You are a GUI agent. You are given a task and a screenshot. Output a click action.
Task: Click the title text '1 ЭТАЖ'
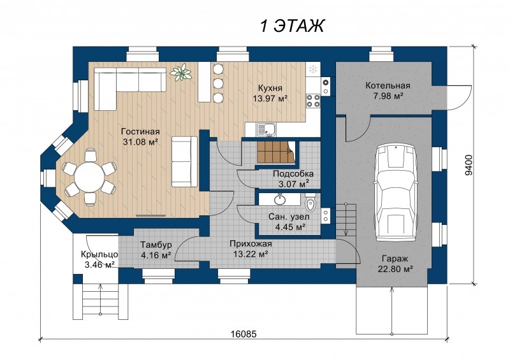point(292,25)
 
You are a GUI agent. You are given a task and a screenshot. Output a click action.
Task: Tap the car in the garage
point(395,194)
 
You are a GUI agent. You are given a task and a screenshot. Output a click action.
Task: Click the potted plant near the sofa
point(181,72)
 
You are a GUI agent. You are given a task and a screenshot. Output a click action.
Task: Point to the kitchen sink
point(266,129)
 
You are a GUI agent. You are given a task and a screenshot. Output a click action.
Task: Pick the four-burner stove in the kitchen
point(313,101)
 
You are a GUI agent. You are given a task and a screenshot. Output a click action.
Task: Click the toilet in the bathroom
point(311,203)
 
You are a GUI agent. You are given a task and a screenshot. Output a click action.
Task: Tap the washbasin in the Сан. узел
point(279,199)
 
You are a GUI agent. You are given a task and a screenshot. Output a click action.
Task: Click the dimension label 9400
point(469,165)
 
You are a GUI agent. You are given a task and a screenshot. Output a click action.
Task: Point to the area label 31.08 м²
point(140,142)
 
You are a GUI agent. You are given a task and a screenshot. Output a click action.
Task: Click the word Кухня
point(270,88)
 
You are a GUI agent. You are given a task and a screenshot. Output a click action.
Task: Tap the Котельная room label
point(388,86)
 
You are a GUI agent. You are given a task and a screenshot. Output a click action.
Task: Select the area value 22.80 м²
point(395,269)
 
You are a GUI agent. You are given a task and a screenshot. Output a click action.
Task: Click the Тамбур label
point(156,245)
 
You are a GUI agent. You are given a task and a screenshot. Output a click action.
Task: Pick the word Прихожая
point(251,244)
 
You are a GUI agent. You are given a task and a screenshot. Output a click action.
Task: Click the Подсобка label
point(293,174)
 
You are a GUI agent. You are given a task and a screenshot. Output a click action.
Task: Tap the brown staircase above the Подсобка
point(276,152)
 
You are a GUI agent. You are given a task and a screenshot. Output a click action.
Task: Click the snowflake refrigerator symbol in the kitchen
point(313,69)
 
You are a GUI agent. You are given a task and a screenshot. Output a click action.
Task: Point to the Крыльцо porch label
point(99,255)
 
